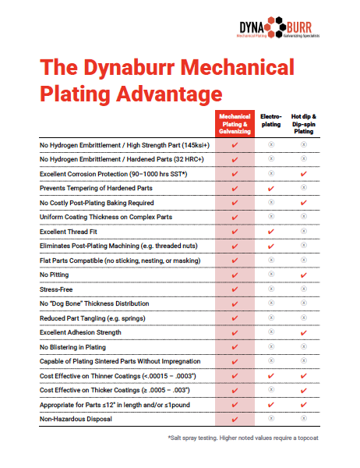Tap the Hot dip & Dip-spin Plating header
[x=303, y=124]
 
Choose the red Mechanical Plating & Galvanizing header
[x=235, y=124]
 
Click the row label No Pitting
[x=55, y=275]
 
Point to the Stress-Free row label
[x=57, y=289]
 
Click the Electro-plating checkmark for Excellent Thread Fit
[x=270, y=232]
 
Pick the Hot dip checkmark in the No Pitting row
[x=303, y=275]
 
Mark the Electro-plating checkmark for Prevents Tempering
[x=270, y=188]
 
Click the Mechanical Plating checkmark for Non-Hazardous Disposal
[x=235, y=420]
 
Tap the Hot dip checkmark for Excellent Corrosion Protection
[x=303, y=173]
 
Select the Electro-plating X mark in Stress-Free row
[x=270, y=289]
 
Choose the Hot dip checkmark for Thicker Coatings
[x=303, y=391]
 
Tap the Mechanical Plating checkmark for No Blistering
[x=235, y=347]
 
